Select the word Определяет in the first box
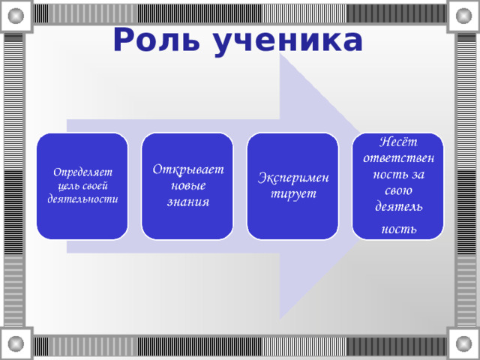[82, 172]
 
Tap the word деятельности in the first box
[82, 200]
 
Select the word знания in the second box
[188, 202]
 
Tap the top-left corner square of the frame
[16, 14]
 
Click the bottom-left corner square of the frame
[16, 344]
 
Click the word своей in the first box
[98, 186]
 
